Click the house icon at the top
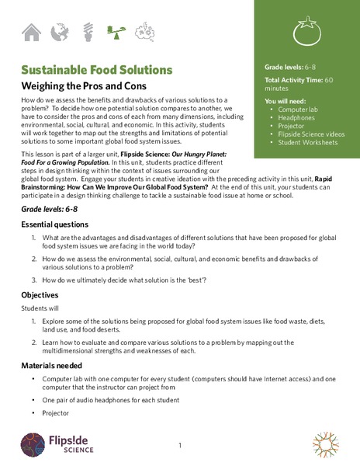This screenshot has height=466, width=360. coord(32,32)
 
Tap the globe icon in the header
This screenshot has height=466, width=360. coord(58,32)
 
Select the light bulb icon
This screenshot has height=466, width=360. coord(87,32)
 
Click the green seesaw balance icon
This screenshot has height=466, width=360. coord(115,32)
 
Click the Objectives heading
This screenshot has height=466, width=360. coord(43,295)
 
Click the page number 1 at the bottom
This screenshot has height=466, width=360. coord(179,446)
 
